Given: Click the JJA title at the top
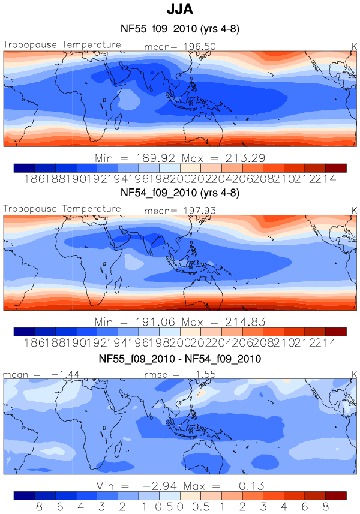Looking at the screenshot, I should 180,10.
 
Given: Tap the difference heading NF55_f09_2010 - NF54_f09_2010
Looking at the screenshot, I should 180,359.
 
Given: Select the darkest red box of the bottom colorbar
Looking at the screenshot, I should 336,495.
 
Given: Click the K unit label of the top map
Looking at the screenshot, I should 353,46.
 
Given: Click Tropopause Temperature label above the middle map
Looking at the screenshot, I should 62,209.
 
